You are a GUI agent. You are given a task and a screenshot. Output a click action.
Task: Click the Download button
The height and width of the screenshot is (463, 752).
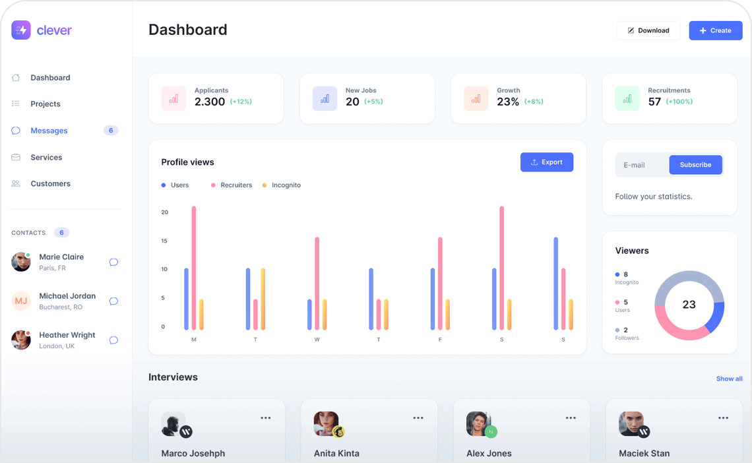(648, 30)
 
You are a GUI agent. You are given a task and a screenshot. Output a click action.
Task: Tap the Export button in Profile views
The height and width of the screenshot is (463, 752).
(546, 162)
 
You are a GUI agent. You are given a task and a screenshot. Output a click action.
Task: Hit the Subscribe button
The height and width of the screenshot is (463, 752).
(695, 165)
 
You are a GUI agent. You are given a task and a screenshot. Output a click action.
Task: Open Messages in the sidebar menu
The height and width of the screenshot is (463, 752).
(49, 131)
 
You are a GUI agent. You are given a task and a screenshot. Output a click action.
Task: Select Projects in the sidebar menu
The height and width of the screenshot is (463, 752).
(45, 104)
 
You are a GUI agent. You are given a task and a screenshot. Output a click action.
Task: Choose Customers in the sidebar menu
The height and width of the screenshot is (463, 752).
(50, 184)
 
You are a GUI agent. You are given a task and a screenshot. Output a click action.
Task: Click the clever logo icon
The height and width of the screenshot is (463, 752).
(21, 30)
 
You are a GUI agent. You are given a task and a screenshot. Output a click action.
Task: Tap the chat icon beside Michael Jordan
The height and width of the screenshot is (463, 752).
(113, 301)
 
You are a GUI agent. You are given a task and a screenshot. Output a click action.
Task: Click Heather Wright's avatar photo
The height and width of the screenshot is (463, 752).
(21, 340)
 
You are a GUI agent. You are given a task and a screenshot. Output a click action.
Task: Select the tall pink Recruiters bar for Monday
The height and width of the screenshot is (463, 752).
(194, 267)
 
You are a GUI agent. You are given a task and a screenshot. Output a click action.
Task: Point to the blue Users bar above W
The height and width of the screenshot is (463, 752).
(309, 315)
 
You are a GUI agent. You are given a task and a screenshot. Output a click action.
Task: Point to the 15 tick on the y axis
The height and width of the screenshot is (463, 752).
(164, 241)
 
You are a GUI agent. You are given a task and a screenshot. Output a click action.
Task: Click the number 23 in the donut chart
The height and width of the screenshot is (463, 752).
(689, 305)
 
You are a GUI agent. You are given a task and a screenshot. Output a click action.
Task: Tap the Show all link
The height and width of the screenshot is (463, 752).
(729, 379)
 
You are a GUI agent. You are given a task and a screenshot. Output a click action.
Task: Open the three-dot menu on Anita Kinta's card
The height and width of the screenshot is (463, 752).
(418, 418)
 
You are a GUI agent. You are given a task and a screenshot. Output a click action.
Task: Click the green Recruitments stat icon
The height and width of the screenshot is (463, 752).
(627, 99)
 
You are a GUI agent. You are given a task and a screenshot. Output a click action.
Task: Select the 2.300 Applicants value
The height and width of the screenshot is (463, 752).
(209, 102)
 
